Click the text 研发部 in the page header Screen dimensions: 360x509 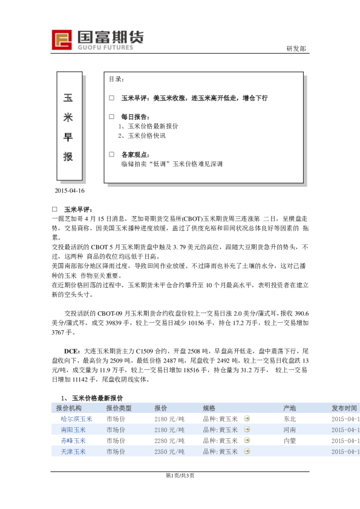[296, 49]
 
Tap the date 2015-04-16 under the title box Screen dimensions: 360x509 [69, 191]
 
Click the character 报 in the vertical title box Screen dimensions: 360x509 [68, 157]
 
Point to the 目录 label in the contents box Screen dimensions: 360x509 [117, 79]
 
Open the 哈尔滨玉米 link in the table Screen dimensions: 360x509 [77, 419]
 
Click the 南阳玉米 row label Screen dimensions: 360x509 [73, 430]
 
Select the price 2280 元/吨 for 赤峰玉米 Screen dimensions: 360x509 [169, 441]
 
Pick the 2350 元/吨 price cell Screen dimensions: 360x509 [169, 452]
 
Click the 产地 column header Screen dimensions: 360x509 [289, 408]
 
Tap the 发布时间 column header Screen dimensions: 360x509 [344, 408]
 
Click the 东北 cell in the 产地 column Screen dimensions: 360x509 [289, 419]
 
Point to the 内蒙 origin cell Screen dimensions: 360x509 [289, 441]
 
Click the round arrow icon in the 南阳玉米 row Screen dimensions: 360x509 [247, 430]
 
